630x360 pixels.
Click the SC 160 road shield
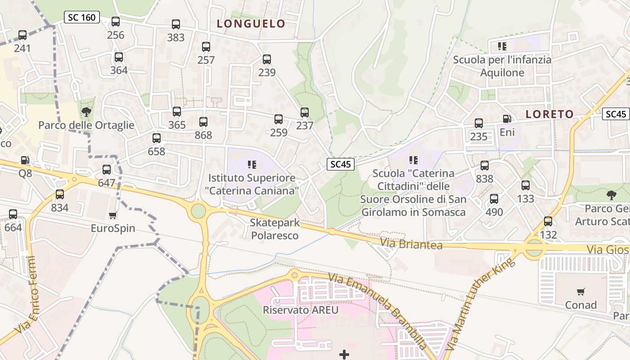pyautogui.click(x=81, y=18)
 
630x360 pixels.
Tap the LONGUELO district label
pyautogui.click(x=251, y=23)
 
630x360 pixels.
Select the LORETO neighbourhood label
pyautogui.click(x=549, y=114)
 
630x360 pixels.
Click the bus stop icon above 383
pyautogui.click(x=176, y=24)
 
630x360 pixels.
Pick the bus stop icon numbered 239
pyautogui.click(x=267, y=59)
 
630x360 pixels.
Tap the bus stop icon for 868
pyautogui.click(x=203, y=122)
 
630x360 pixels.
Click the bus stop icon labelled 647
pyautogui.click(x=107, y=170)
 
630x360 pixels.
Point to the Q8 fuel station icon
pyautogui.click(x=25, y=160)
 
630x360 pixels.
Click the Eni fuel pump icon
pyautogui.click(x=507, y=119)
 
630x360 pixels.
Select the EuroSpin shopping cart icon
pyautogui.click(x=113, y=216)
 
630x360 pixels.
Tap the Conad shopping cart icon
pyautogui.click(x=581, y=292)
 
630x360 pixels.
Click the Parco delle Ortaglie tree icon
pyautogui.click(x=86, y=112)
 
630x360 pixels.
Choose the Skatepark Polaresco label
pyautogui.click(x=274, y=229)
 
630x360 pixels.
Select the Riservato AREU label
pyautogui.click(x=300, y=310)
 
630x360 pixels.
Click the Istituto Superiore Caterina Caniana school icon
pyautogui.click(x=252, y=165)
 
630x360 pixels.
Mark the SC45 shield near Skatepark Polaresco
pyautogui.click(x=340, y=164)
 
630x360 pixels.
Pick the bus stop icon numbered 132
pyautogui.click(x=548, y=221)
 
